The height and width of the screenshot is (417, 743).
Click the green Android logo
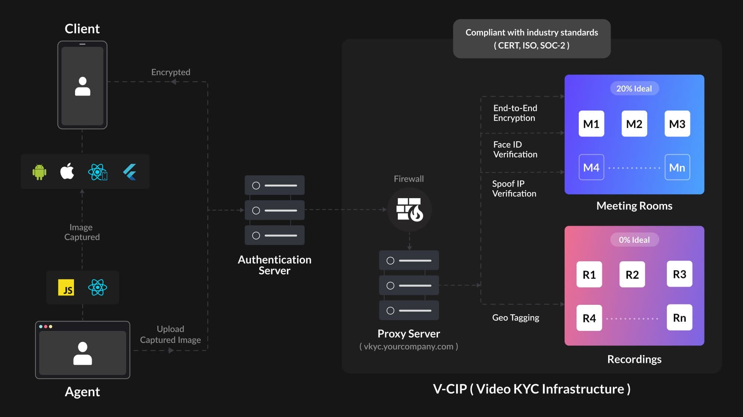(x=39, y=172)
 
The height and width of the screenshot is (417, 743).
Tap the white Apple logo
(x=67, y=171)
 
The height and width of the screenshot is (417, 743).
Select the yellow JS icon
(x=66, y=288)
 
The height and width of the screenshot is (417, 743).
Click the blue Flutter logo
(x=130, y=172)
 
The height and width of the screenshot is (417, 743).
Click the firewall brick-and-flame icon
(x=409, y=209)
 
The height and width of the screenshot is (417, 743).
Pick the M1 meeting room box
(x=591, y=124)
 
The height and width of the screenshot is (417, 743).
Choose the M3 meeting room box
(x=677, y=124)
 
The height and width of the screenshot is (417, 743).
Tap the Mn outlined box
(x=677, y=168)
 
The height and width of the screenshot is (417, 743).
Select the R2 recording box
(x=632, y=275)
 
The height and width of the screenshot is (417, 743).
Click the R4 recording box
(x=589, y=318)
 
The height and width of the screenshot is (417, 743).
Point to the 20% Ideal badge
(x=634, y=88)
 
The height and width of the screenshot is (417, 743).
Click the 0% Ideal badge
(x=634, y=240)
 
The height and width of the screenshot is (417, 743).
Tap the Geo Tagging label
(x=516, y=317)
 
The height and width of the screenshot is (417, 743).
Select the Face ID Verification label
(x=515, y=149)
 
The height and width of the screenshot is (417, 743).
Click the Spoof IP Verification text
(x=514, y=188)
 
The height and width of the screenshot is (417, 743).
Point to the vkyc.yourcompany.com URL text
(x=409, y=346)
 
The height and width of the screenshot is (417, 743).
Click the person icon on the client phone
(x=82, y=87)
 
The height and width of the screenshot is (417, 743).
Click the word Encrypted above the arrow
(x=171, y=72)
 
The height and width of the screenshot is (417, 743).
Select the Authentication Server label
(x=275, y=265)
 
